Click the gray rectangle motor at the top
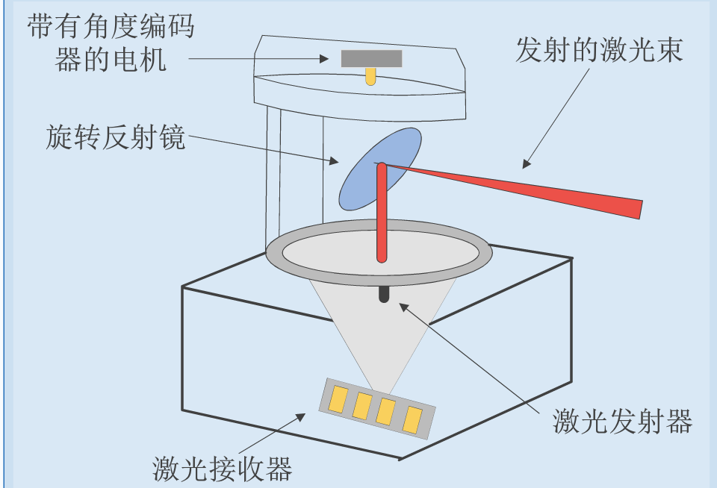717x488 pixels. (371, 58)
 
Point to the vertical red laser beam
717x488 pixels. (382, 216)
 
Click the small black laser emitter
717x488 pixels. (384, 293)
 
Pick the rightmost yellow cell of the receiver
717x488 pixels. (412, 419)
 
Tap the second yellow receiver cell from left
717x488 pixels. (362, 406)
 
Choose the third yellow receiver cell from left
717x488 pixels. (386, 413)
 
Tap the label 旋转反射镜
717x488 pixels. (115, 137)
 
